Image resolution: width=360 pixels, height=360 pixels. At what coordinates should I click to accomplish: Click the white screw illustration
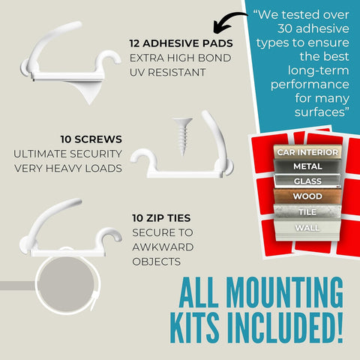[183, 136]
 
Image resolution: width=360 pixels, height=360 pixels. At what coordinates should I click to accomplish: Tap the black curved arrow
[226, 20]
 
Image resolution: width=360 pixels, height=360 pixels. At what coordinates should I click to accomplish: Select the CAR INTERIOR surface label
[307, 152]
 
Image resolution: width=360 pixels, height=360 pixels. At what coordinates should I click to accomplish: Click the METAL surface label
[307, 166]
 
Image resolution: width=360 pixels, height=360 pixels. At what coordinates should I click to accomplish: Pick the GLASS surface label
[307, 181]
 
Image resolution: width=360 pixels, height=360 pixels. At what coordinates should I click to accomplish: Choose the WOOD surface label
[307, 196]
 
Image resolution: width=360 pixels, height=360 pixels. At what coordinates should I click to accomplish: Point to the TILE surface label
[307, 212]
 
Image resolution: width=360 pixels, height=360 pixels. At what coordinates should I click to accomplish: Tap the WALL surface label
[307, 228]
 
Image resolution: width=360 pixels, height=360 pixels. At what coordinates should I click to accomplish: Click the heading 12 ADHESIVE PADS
[181, 43]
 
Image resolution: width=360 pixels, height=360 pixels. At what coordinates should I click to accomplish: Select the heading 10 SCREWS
[91, 139]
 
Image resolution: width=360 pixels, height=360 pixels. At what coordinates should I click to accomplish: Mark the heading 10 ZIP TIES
[161, 218]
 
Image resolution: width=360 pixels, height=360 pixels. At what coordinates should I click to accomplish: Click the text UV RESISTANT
[167, 73]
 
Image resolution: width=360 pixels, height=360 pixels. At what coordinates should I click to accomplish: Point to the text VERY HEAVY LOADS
[68, 168]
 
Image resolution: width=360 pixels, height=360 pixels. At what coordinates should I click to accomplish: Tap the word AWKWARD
[163, 247]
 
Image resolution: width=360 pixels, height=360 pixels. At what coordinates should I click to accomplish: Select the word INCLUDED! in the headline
[285, 327]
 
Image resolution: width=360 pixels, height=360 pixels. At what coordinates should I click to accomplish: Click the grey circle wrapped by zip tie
[66, 284]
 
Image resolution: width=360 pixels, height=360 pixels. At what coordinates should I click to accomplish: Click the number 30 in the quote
[285, 28]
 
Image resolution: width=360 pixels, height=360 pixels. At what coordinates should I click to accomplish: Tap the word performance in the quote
[310, 85]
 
